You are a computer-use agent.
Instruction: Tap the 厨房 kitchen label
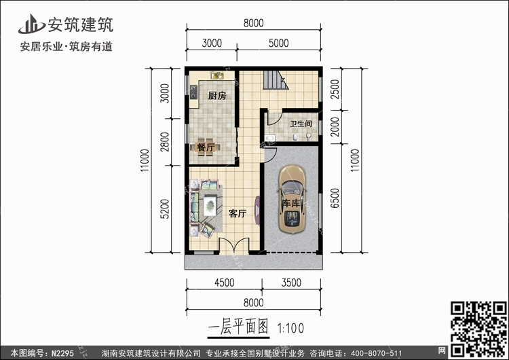(216, 96)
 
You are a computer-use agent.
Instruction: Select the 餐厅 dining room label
(206, 147)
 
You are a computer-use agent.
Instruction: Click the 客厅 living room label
(237, 214)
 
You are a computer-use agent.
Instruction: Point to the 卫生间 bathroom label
(301, 124)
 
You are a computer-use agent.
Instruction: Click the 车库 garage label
(292, 204)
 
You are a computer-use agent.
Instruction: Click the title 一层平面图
(241, 327)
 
